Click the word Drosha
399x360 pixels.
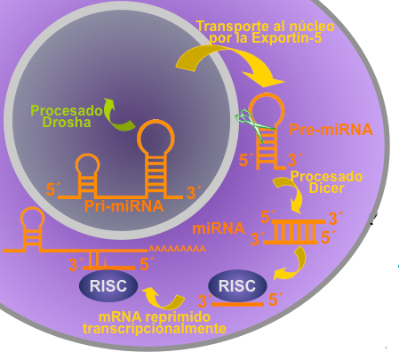(x=67, y=123)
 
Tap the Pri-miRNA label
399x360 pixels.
(x=124, y=206)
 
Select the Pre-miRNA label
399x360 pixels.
(x=331, y=130)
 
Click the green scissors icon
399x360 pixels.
(x=254, y=124)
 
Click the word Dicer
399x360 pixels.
(x=326, y=188)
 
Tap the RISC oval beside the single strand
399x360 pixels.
(x=237, y=285)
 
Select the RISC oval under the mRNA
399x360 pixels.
(x=108, y=285)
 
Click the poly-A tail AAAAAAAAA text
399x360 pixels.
(x=177, y=249)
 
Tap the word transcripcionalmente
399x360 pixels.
(x=155, y=328)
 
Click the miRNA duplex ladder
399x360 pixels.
(x=294, y=232)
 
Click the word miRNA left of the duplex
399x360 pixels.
(x=219, y=228)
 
